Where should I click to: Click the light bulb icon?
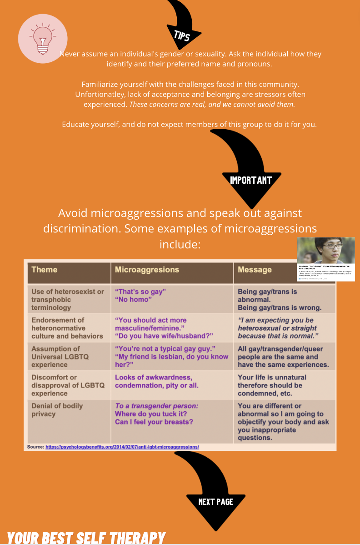(x=42, y=39)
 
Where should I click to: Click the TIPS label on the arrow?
(x=182, y=35)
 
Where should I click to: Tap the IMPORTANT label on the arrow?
(x=250, y=180)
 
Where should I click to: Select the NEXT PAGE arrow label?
(x=216, y=502)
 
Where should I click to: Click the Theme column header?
(x=45, y=269)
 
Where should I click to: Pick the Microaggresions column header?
(x=147, y=269)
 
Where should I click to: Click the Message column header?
(x=255, y=269)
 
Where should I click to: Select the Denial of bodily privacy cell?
(x=57, y=409)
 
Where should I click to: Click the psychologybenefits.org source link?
(x=122, y=447)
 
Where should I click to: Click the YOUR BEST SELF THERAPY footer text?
(x=86, y=538)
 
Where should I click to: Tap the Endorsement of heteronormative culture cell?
(x=67, y=328)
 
